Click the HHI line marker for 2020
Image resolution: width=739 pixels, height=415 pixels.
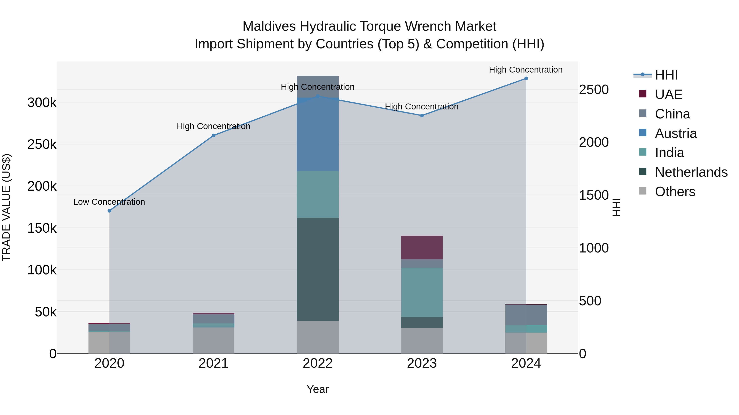109,211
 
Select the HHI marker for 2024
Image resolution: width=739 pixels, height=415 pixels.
526,78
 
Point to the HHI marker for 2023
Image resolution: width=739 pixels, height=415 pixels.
422,116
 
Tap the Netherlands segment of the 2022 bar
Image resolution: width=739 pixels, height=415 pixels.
318,269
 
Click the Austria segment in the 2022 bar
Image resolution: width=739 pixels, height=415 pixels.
318,135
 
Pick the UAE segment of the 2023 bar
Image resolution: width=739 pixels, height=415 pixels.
422,247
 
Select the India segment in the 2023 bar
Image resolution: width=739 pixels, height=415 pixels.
422,292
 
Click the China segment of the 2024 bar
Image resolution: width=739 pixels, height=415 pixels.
526,315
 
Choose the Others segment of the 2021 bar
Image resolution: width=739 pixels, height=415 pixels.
213,341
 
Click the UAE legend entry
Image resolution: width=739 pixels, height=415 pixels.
668,94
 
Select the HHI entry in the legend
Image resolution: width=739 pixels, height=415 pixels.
666,75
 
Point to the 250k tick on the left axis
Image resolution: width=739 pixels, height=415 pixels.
42,144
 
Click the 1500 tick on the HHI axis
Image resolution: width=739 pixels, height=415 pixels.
593,195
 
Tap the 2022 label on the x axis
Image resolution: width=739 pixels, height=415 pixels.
318,363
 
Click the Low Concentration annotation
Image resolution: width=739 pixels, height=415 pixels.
109,202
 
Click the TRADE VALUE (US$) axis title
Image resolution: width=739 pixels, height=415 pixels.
7,207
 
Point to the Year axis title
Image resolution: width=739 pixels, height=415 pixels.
318,389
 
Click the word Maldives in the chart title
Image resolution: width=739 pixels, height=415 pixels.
269,26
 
